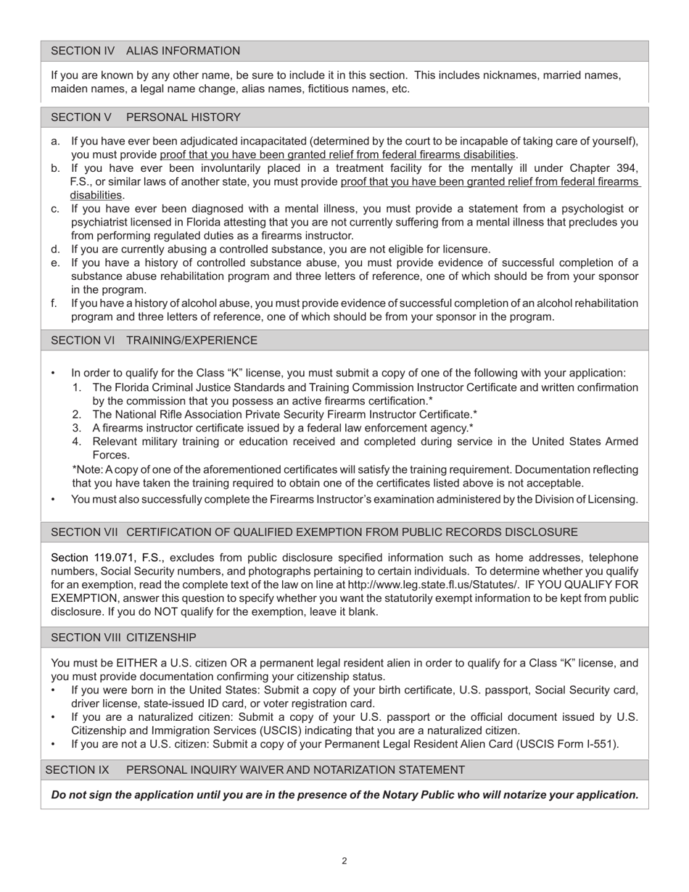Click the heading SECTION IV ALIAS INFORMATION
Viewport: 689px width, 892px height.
[145, 51]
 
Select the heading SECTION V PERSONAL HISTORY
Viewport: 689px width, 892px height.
[145, 117]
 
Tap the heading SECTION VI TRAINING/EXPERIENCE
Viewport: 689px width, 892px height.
[154, 340]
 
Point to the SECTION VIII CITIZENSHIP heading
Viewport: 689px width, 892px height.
[123, 637]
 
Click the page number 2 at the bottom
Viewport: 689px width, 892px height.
[344, 861]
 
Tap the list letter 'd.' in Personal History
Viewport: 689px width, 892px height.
[56, 249]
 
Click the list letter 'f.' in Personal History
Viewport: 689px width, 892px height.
[54, 303]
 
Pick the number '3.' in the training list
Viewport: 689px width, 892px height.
[77, 428]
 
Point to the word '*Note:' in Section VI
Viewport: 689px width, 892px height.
[88, 469]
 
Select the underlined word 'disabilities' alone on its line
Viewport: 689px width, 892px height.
[96, 195]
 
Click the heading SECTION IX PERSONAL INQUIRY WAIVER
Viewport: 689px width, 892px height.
[255, 769]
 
